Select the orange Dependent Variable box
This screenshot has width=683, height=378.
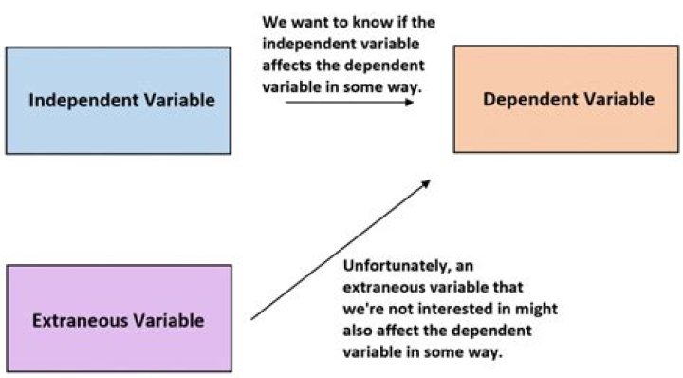[x=567, y=99]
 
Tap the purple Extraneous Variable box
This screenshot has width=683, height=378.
[x=118, y=318]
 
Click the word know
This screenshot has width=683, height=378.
[x=378, y=21]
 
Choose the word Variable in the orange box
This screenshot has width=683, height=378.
[x=622, y=99]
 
